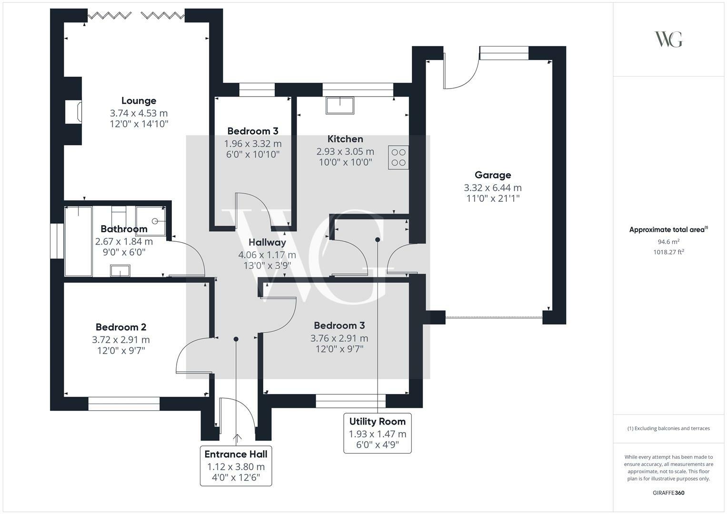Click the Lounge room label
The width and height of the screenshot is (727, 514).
coord(139,101)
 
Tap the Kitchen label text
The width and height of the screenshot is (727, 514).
coord(345,139)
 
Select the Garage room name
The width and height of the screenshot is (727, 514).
coord(493,175)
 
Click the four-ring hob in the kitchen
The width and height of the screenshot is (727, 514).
coord(398,158)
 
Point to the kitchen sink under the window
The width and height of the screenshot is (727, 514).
coord(340,105)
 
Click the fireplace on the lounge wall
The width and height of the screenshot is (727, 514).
coord(73,112)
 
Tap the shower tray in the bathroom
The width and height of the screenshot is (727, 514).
coord(151,221)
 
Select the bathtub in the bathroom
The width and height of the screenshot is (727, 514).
coord(78,241)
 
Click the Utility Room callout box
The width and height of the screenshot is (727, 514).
coord(378,433)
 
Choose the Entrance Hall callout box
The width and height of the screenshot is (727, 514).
coord(236,466)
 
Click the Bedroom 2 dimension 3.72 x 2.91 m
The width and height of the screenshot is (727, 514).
coord(121,340)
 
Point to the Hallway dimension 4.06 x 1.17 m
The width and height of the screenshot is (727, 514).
coord(267,255)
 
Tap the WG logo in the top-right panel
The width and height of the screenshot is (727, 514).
coord(668,39)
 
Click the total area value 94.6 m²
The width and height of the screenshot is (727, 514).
coord(668,242)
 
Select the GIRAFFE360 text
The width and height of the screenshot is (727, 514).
coord(668,493)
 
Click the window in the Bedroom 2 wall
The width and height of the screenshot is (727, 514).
coord(124,404)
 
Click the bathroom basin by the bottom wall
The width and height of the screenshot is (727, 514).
coord(120,271)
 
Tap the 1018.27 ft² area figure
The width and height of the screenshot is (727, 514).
coord(668,252)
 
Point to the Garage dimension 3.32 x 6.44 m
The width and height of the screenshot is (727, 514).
coord(493,188)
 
